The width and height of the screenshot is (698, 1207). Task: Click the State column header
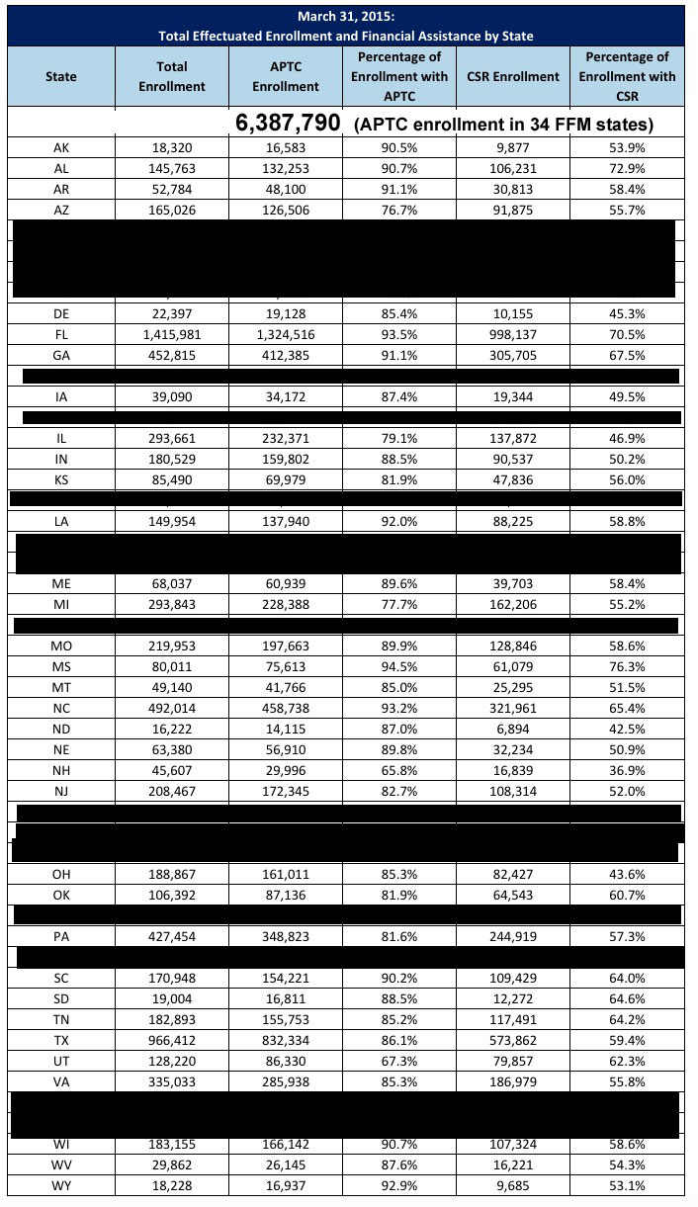[60, 76]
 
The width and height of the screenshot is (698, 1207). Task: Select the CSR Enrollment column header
[513, 76]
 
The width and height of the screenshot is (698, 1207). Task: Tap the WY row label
[60, 1186]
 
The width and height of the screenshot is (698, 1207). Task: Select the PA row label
[60, 935]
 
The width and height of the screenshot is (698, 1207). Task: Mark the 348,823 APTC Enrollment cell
[286, 935]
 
